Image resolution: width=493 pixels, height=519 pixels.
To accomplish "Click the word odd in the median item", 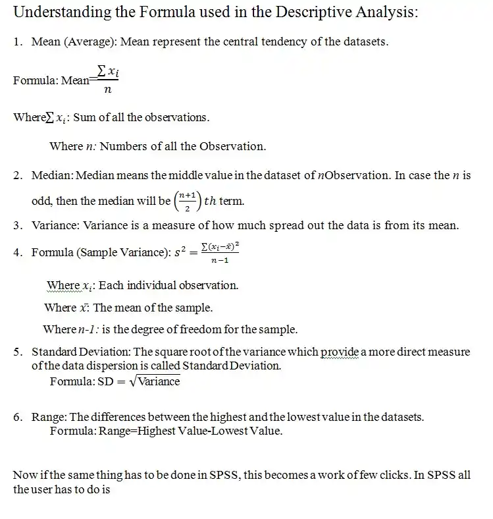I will [40, 200].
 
